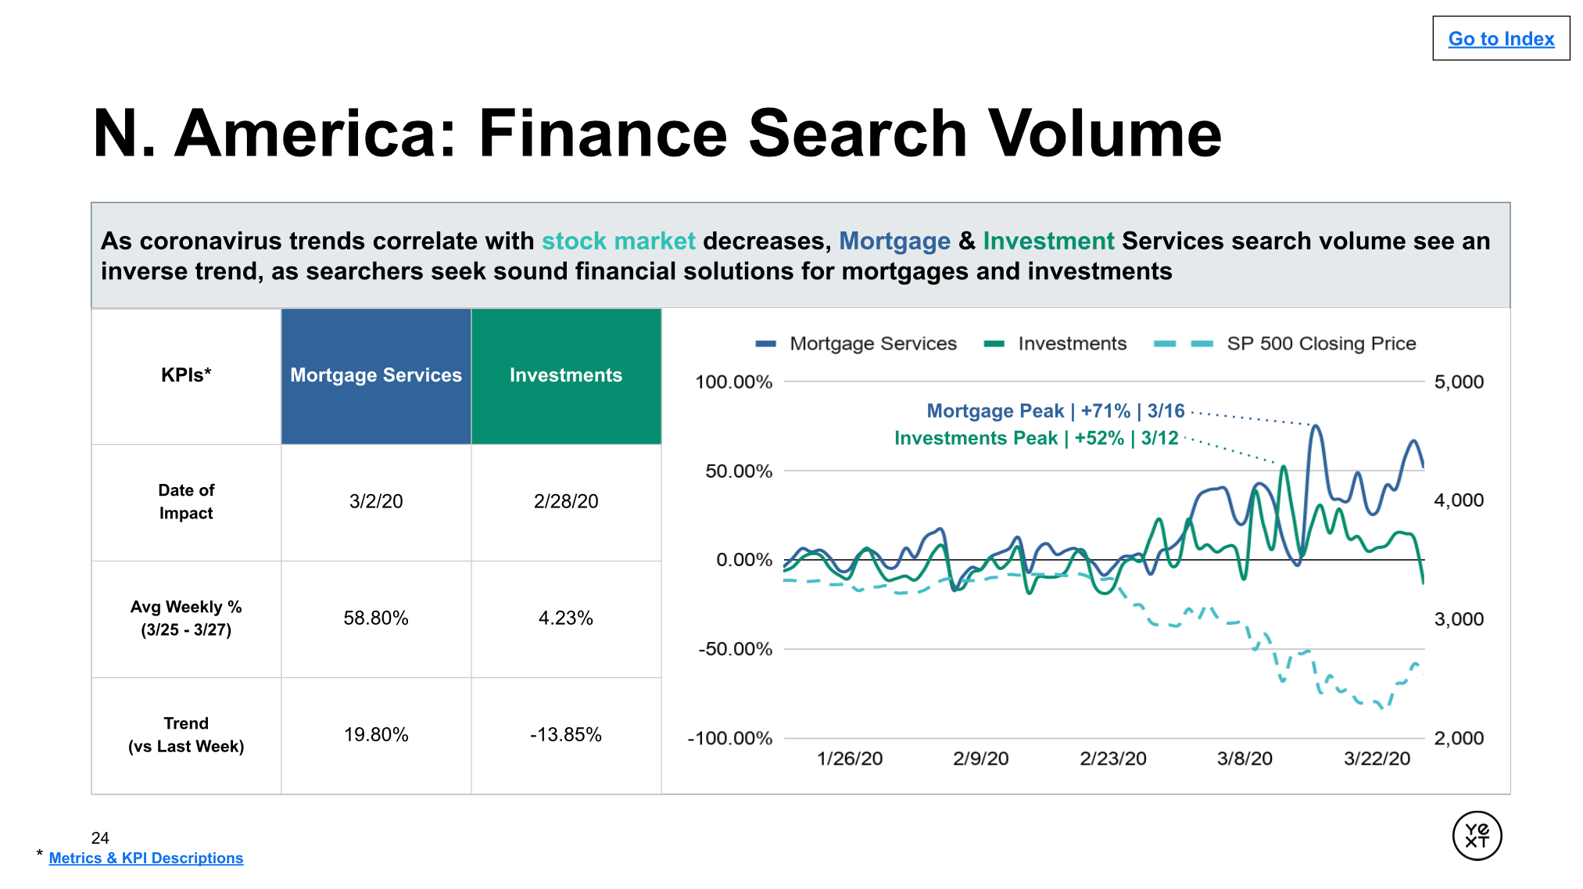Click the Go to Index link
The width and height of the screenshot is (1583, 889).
tap(1501, 38)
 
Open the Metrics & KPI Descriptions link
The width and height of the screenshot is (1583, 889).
tap(146, 858)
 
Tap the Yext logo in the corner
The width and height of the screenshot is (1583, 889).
tap(1477, 835)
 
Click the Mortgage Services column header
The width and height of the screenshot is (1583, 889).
tap(376, 376)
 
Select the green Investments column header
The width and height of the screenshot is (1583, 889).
tap(566, 376)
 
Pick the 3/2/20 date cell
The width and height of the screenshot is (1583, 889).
tap(376, 501)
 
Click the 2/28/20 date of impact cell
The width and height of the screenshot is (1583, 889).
tap(566, 501)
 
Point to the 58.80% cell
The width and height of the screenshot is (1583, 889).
tap(376, 618)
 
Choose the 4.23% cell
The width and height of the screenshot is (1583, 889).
tap(566, 618)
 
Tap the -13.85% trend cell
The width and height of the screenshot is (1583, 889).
tap(566, 734)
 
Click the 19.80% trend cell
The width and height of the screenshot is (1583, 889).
tap(376, 734)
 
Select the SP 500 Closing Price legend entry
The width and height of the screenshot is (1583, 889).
tap(1285, 343)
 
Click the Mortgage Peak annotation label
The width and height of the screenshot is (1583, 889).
tap(1055, 410)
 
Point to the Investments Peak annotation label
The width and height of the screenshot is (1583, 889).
tap(1036, 438)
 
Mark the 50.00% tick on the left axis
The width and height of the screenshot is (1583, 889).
tap(739, 471)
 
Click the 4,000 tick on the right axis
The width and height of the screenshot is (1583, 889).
tap(1459, 500)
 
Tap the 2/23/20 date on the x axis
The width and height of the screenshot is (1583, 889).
tap(1113, 758)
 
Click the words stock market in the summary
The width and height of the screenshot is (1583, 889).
tap(618, 241)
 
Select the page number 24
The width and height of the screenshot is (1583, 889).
tap(100, 838)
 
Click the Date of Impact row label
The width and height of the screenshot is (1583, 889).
tap(186, 501)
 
